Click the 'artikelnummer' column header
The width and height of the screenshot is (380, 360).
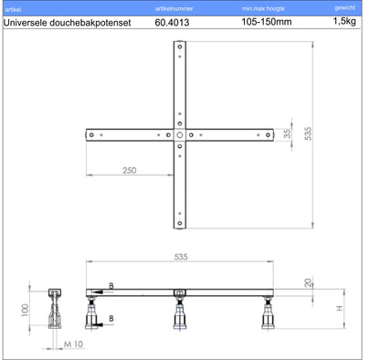pyautogui.click(x=174, y=9)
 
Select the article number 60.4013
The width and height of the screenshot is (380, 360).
pyautogui.click(x=172, y=22)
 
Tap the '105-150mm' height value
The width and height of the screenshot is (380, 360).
pyautogui.click(x=267, y=22)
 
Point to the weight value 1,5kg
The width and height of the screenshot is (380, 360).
pyautogui.click(x=344, y=21)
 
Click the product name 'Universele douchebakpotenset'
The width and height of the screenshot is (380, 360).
pyautogui.click(x=68, y=23)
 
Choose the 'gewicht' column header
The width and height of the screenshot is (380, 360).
pyautogui.click(x=344, y=8)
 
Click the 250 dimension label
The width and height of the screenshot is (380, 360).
pyautogui.click(x=130, y=170)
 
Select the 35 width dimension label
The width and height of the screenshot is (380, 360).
pyautogui.click(x=287, y=133)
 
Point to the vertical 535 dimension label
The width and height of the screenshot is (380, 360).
pyautogui.click(x=308, y=133)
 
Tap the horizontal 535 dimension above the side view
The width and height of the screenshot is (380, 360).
pyautogui.click(x=181, y=257)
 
